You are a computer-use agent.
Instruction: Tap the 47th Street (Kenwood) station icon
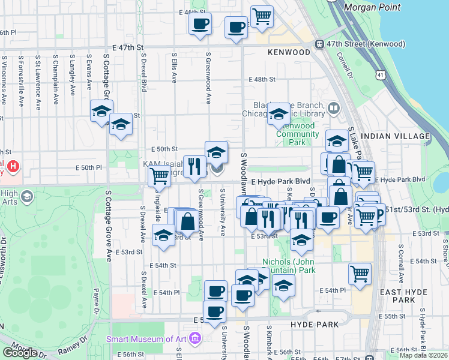point(320,44)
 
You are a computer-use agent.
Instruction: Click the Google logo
point(20,352)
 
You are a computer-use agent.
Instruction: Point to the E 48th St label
point(262,79)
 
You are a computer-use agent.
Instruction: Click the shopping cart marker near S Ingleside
point(159,176)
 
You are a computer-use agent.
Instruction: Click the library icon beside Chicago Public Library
point(333,109)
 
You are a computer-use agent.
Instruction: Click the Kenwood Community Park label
point(298,134)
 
